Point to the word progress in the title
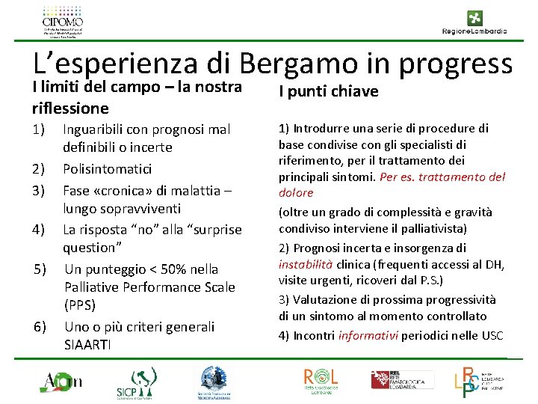point(456,66)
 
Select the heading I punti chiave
point(328,91)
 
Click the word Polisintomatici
point(107,169)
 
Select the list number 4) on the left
point(40,229)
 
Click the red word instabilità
point(305,264)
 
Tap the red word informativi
point(368,335)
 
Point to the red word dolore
point(297,193)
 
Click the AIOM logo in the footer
point(62,382)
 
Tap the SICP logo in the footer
point(135,382)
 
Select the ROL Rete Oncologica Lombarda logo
point(321,380)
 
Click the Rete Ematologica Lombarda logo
point(403,379)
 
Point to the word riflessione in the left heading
point(71,108)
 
